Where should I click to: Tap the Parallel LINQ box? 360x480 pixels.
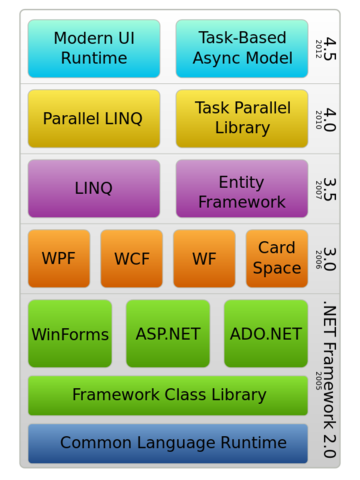point(93,118)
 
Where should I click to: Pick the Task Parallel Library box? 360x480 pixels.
point(233,118)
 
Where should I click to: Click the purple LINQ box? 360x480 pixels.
point(93,188)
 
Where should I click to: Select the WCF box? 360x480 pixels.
point(131,258)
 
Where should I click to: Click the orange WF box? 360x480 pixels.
point(204,258)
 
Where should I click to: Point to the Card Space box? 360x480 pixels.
point(277,258)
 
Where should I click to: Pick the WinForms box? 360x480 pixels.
point(70,334)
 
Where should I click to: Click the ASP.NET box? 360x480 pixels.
point(167,334)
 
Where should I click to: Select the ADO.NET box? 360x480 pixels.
point(265,334)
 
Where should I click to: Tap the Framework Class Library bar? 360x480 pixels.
point(168,395)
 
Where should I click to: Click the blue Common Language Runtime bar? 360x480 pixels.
point(168,443)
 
